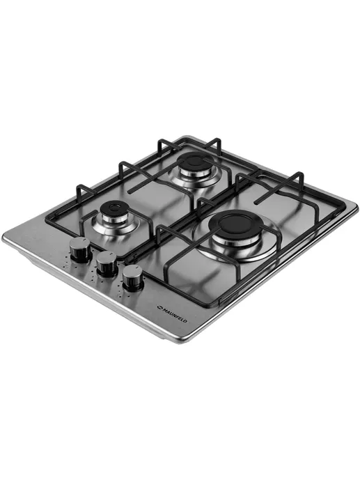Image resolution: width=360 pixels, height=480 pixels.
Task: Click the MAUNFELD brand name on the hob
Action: click(174, 314)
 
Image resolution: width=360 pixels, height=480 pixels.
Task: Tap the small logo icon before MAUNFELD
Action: click(159, 307)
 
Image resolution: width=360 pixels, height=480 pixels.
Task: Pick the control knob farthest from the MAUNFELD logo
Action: click(80, 249)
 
